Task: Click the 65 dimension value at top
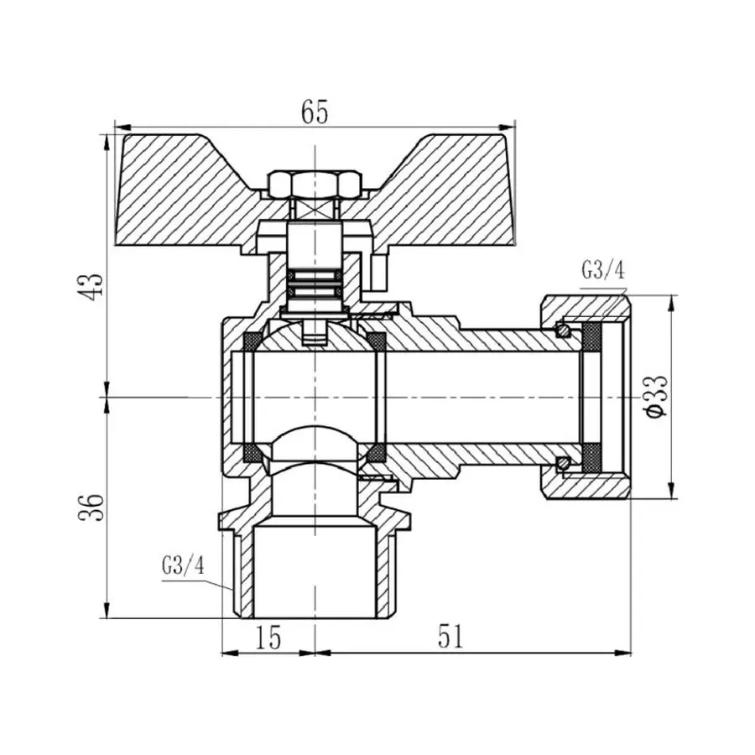point(314,112)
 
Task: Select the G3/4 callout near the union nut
point(602,270)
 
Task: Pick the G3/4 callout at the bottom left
point(182,565)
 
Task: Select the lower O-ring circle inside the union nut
point(566,461)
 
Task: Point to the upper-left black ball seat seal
point(250,341)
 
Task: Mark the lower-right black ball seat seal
point(377,454)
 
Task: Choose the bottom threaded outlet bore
point(313,570)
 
